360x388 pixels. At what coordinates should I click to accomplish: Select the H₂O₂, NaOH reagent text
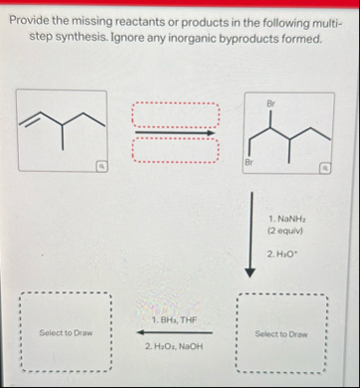point(175,345)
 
